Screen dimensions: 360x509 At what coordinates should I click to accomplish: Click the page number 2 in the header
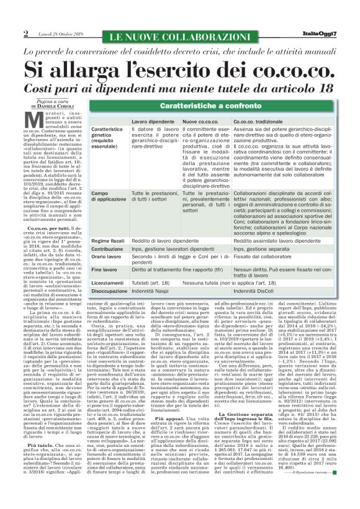point(25,33)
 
